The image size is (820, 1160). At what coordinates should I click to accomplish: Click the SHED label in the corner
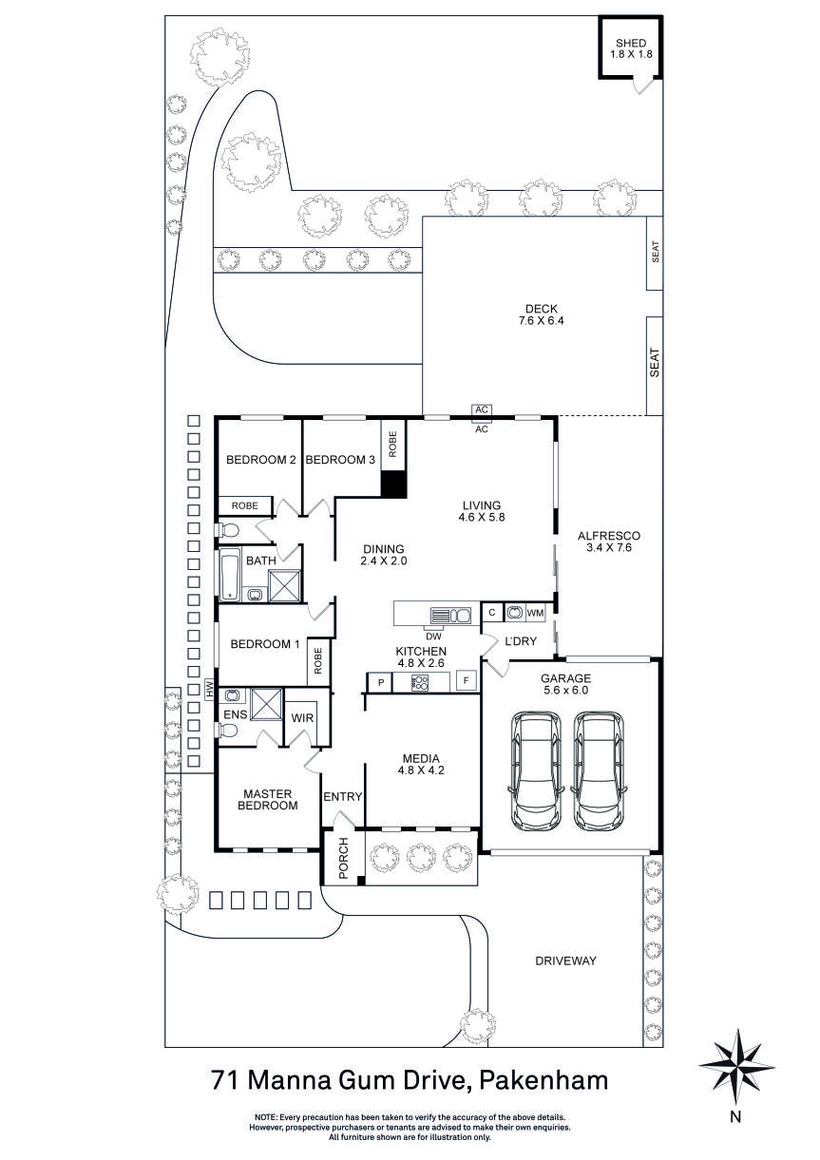pos(630,49)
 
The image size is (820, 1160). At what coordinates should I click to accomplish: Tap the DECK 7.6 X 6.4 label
pos(541,314)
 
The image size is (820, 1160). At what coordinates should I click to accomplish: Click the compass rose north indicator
pos(734,1064)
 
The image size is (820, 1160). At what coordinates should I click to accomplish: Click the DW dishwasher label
pos(433,636)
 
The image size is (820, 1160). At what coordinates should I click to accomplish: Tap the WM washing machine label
pos(536,614)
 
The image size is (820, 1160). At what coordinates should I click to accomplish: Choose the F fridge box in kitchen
pos(466,681)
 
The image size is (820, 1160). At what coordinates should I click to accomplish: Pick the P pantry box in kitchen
pos(380,682)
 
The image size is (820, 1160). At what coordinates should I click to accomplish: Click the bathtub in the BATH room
pos(231,575)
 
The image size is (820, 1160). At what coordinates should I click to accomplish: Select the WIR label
pos(303,717)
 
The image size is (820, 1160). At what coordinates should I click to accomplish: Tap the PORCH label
pos(344,858)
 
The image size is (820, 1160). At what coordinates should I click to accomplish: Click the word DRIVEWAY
pos(564,960)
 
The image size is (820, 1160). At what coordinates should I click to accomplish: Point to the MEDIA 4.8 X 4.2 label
pos(421,765)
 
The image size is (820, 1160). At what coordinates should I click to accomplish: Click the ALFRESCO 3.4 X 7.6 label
pos(609,542)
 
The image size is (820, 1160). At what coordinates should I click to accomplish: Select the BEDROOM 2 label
pos(261,460)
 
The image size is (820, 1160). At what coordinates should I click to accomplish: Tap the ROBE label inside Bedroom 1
pos(318,659)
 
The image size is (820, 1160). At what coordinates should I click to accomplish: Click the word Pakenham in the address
pos(543,1080)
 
